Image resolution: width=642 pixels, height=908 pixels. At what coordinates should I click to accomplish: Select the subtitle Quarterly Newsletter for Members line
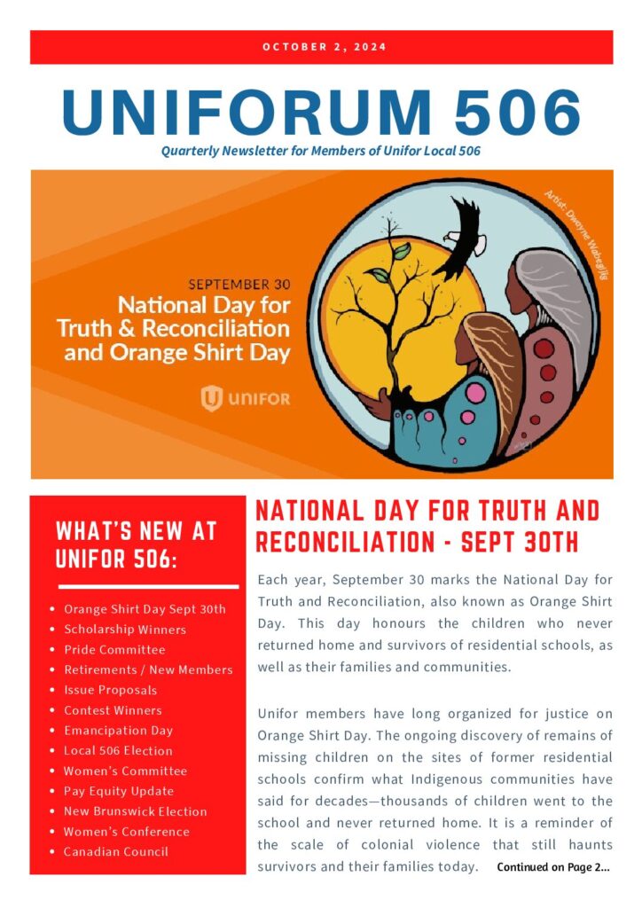point(321,151)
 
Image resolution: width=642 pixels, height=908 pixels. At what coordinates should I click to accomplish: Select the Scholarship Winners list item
point(125,630)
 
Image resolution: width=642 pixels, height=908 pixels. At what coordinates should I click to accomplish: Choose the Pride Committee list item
point(114,650)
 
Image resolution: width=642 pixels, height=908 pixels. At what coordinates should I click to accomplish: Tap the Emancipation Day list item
point(118,731)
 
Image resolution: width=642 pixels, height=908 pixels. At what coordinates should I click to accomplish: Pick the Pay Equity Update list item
point(119,791)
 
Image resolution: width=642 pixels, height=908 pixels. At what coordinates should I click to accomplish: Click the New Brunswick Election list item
point(135,811)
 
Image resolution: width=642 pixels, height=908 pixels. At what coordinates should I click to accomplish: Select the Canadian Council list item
point(115,852)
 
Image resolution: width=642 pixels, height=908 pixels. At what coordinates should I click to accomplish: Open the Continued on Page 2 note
point(553,867)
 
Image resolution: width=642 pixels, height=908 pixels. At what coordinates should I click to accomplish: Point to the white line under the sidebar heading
point(148,586)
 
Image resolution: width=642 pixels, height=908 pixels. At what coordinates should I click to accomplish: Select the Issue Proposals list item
point(110,690)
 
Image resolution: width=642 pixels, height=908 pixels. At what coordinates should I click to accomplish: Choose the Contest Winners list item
point(113,710)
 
